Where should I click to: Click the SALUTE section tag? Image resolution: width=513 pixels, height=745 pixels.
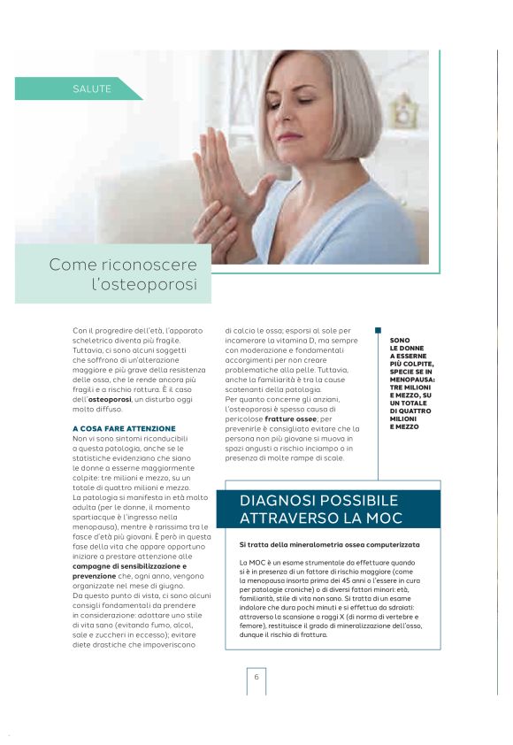point(92,88)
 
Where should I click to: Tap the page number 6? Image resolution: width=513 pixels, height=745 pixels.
point(256,677)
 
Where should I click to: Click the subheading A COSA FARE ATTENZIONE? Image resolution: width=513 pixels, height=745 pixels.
point(124,428)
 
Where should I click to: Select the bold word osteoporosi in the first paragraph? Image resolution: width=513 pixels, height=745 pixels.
point(109,400)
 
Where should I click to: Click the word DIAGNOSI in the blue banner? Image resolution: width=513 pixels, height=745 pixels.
point(282,501)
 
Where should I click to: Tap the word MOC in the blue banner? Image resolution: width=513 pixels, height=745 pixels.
point(384,518)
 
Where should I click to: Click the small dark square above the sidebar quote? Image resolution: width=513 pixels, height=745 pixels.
point(378,331)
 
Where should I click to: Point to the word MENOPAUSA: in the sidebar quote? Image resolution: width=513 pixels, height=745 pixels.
point(411,379)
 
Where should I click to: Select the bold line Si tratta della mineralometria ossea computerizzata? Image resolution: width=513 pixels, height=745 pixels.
point(329,544)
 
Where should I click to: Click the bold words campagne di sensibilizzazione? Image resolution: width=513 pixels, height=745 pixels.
point(129,566)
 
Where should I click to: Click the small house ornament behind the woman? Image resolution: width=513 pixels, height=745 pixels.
point(402,110)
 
